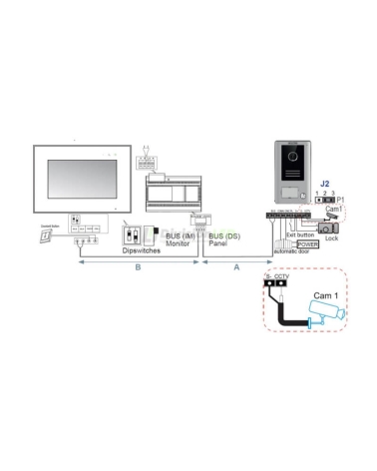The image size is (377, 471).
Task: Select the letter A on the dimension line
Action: [x=235, y=267]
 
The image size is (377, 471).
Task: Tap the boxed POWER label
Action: [x=307, y=242]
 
